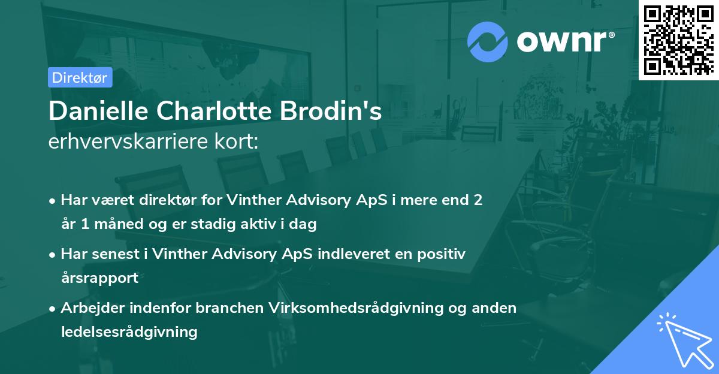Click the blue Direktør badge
(x=80, y=77)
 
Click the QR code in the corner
(x=678, y=40)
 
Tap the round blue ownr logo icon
(x=487, y=42)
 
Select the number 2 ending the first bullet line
(x=478, y=200)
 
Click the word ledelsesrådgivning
(x=129, y=331)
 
